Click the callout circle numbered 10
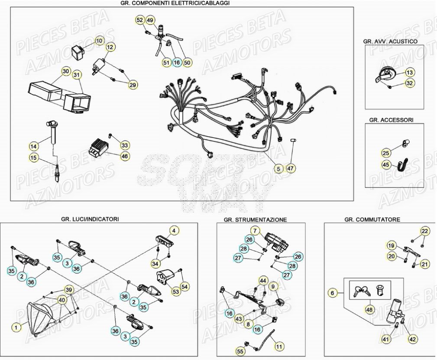(x=99, y=41)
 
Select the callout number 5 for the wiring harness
(x=279, y=169)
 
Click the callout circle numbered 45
(x=386, y=164)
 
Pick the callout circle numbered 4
(x=173, y=231)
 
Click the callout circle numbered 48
(x=369, y=310)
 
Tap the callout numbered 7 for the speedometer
(x=255, y=231)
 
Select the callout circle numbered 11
(x=279, y=346)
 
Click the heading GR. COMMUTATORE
(x=372, y=219)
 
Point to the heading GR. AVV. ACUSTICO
(x=390, y=42)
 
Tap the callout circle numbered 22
(x=425, y=231)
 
